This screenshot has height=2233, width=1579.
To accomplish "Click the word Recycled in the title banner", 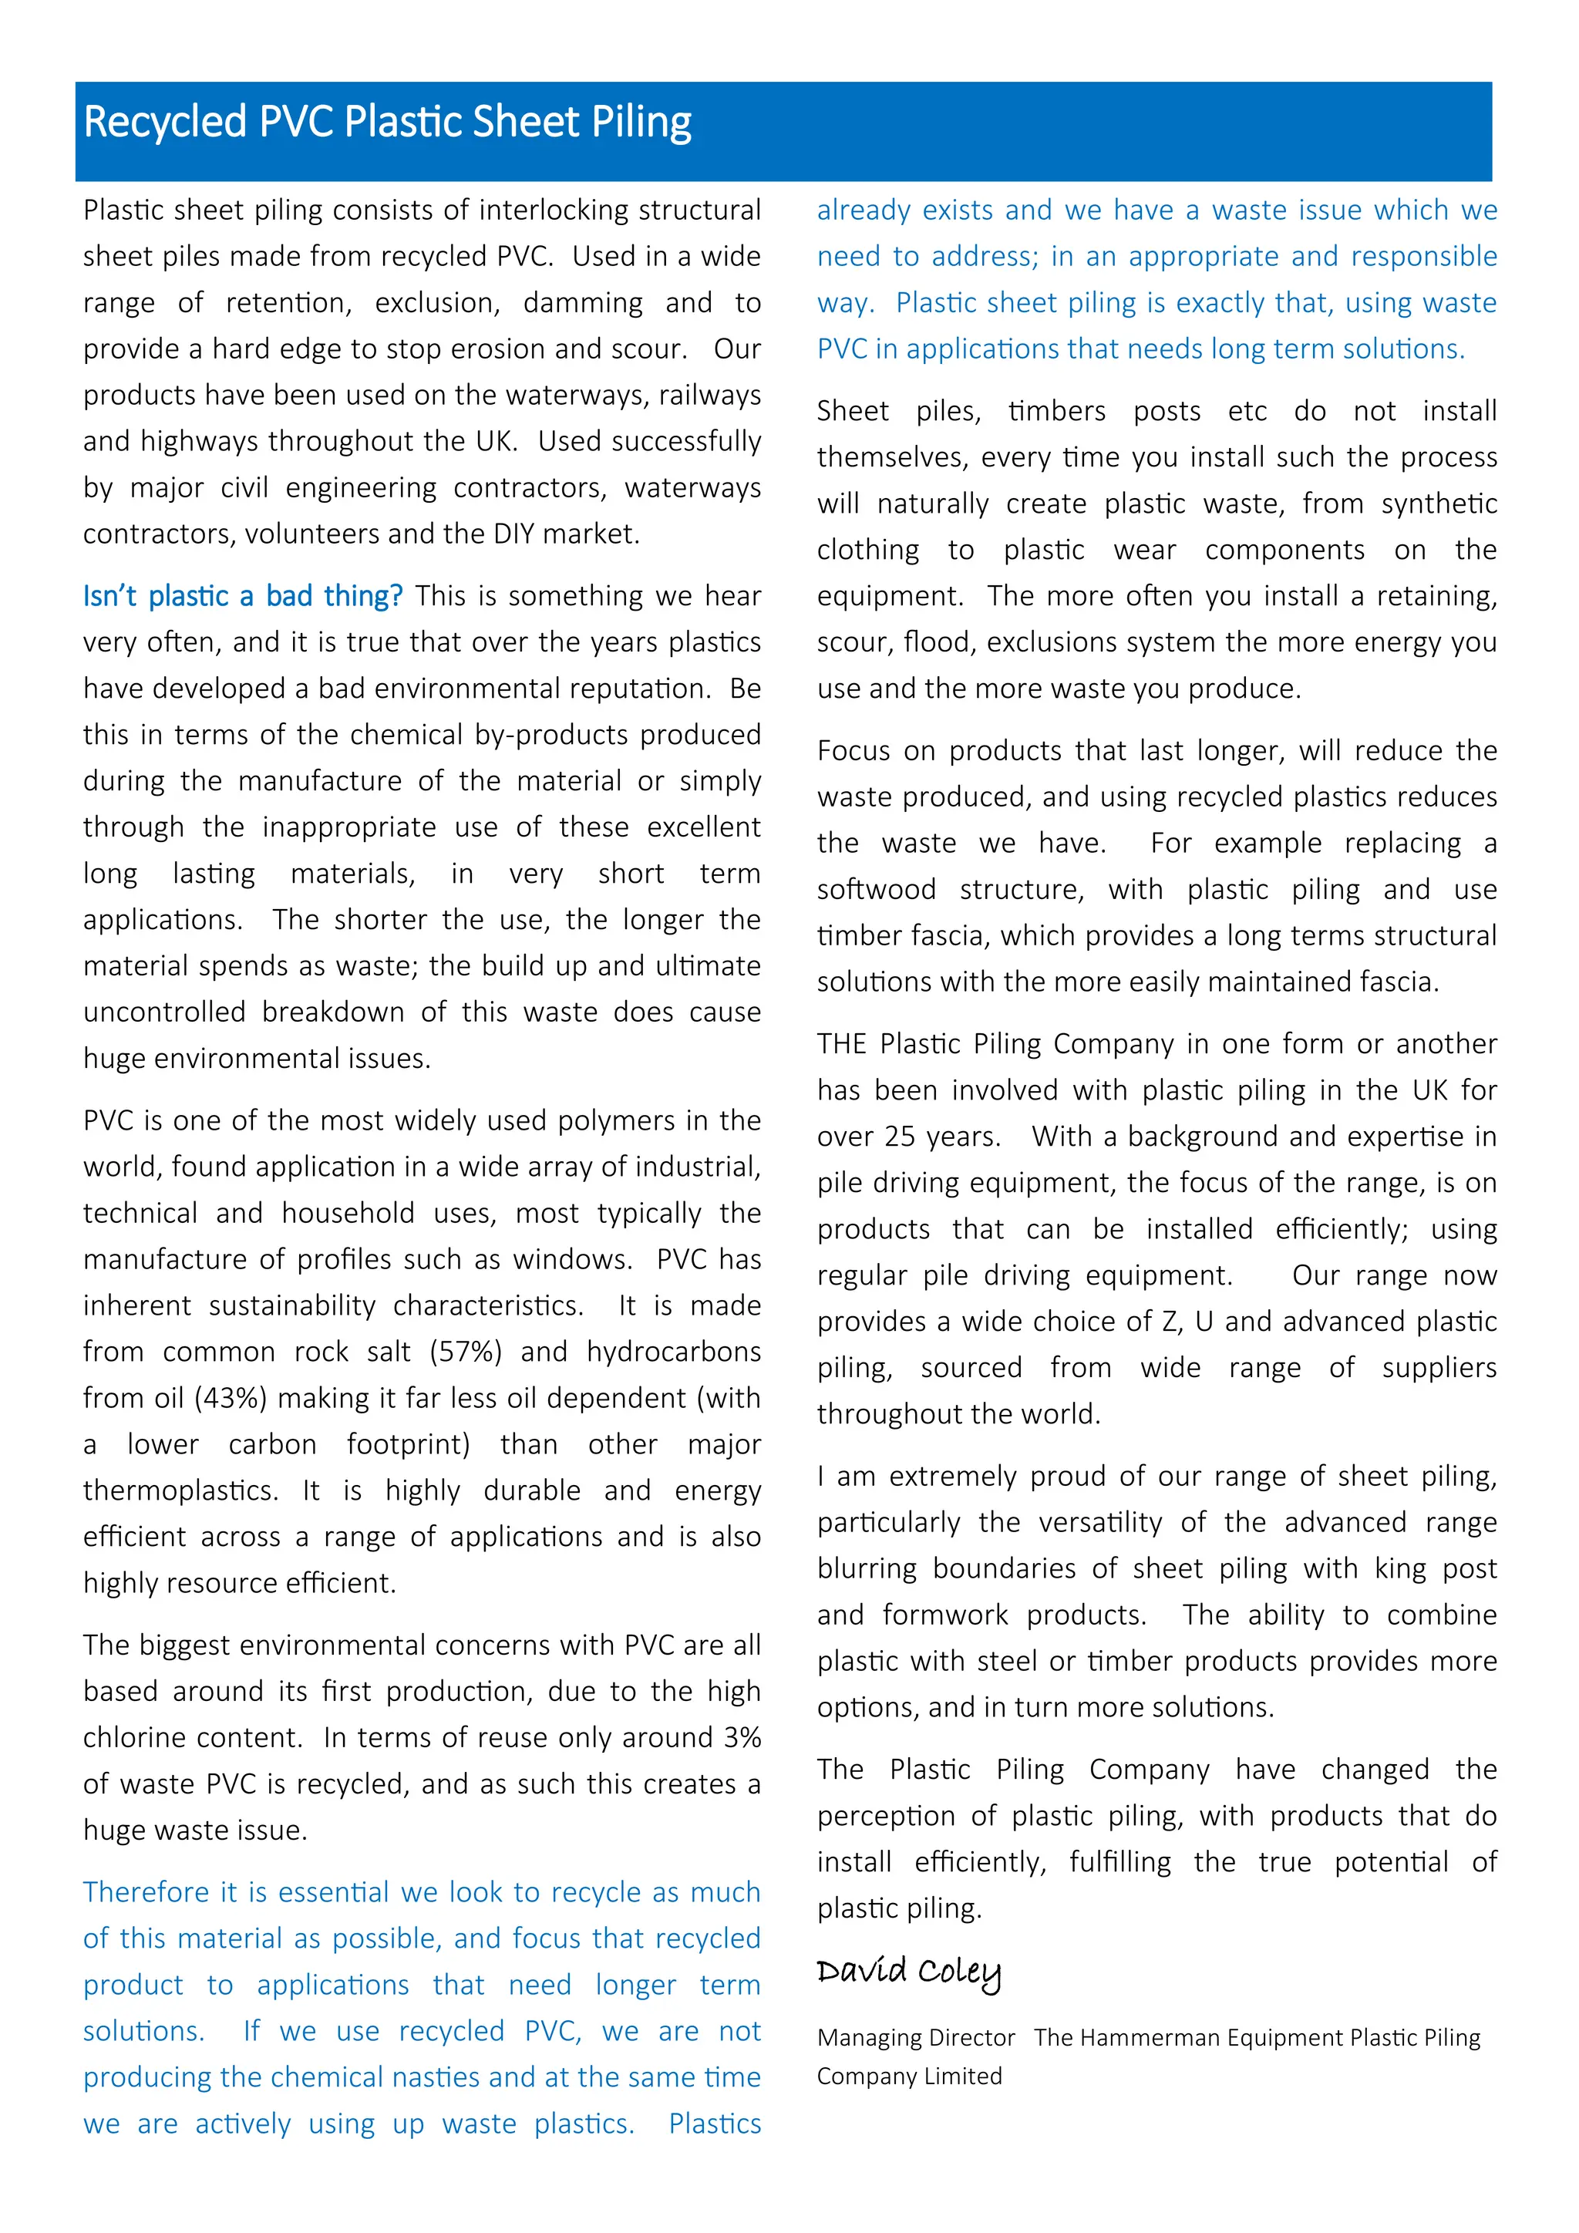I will pos(165,123).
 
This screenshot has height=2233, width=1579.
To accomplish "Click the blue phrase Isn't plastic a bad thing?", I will pos(242,595).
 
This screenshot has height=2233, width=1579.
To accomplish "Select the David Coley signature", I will pos(908,1972).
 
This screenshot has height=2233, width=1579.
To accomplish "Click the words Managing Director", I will pos(915,2037).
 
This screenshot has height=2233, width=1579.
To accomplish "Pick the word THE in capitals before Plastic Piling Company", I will pos(841,1043).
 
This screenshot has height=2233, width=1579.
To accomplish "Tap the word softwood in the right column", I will pos(876,889).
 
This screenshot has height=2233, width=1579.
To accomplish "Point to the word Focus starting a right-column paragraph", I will pos(853,749).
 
